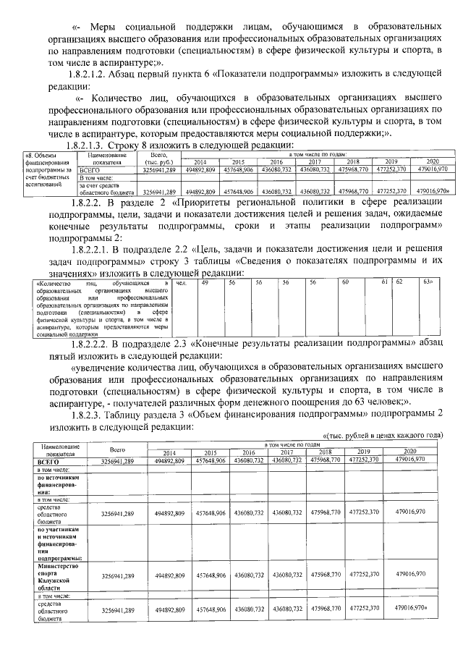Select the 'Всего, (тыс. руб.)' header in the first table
tap(158, 159)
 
